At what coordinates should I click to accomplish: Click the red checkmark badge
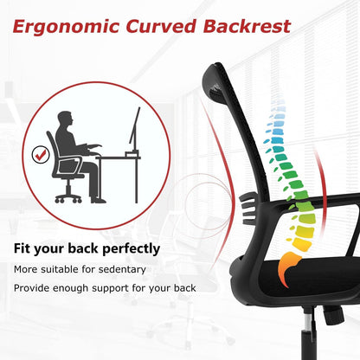point(41,155)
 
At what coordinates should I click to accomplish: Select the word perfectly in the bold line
point(127,249)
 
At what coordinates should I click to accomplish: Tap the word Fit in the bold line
point(22,249)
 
